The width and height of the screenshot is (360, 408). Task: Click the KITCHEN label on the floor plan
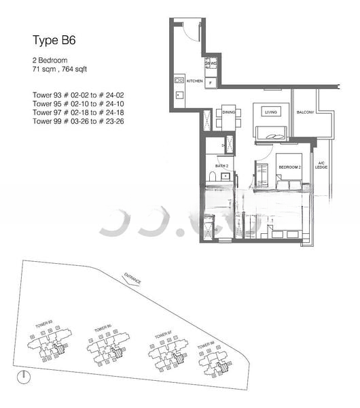click(194, 81)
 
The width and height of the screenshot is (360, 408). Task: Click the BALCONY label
click(305, 112)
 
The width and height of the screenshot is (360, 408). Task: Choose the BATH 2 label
click(222, 165)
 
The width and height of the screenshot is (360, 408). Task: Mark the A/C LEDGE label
click(322, 165)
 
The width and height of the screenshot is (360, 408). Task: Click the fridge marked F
click(211, 84)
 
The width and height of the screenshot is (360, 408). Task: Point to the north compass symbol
click(24, 376)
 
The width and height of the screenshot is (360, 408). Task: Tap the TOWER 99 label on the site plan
click(206, 347)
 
